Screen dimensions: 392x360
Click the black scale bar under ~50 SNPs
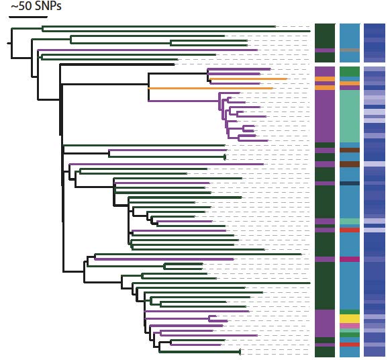28,17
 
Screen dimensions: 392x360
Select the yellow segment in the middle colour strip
350,319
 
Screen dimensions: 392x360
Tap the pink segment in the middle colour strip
350,326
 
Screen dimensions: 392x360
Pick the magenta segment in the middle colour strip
350,259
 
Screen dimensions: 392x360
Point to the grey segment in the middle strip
350,50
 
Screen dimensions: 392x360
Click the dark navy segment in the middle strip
350,183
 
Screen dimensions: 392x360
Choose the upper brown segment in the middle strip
350,150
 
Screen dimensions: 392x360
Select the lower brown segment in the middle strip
350,164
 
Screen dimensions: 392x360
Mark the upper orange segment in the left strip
325,79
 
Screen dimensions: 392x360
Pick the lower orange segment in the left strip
325,88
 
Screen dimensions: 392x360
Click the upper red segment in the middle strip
350,230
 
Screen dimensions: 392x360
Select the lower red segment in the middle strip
350,345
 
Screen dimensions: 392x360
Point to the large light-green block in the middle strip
350,116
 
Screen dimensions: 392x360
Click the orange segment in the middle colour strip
350,83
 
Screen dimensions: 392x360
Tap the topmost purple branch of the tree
148,50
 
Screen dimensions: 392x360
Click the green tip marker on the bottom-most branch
240,352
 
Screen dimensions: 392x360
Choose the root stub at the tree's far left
9,43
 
